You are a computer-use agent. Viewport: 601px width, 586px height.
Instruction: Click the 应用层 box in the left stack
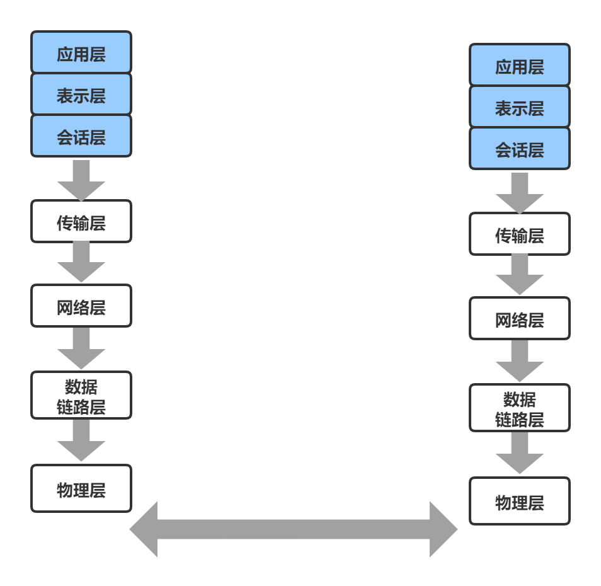(81, 53)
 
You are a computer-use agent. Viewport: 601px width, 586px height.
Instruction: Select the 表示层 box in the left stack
(81, 95)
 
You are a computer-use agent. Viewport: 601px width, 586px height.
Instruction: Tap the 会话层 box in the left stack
(81, 136)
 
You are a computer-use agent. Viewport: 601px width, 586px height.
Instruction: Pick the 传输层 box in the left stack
(81, 222)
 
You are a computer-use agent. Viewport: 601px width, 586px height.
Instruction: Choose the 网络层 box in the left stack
(81, 306)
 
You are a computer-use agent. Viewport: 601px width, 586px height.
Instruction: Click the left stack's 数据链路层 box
(81, 396)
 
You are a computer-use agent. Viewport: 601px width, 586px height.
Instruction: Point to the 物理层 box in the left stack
(81, 489)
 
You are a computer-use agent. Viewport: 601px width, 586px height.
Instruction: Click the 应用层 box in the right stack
(519, 66)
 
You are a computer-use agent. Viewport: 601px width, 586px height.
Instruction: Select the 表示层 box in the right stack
(519, 107)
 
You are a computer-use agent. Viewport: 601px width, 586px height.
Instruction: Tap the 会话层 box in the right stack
(519, 149)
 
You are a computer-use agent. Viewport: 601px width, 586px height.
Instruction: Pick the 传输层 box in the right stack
(519, 234)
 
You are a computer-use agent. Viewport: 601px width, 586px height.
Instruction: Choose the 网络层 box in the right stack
(519, 319)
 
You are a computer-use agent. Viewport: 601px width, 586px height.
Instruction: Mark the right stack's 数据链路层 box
(519, 408)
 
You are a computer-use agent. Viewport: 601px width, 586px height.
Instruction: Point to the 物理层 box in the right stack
(519, 502)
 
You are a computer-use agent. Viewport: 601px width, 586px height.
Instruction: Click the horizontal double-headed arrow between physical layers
(294, 529)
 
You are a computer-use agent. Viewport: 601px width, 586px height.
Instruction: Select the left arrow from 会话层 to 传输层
(81, 179)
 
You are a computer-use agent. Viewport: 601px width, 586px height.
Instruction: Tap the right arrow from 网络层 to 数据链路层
(519, 360)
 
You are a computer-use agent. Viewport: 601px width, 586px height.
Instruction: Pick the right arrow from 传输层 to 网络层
(519, 275)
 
